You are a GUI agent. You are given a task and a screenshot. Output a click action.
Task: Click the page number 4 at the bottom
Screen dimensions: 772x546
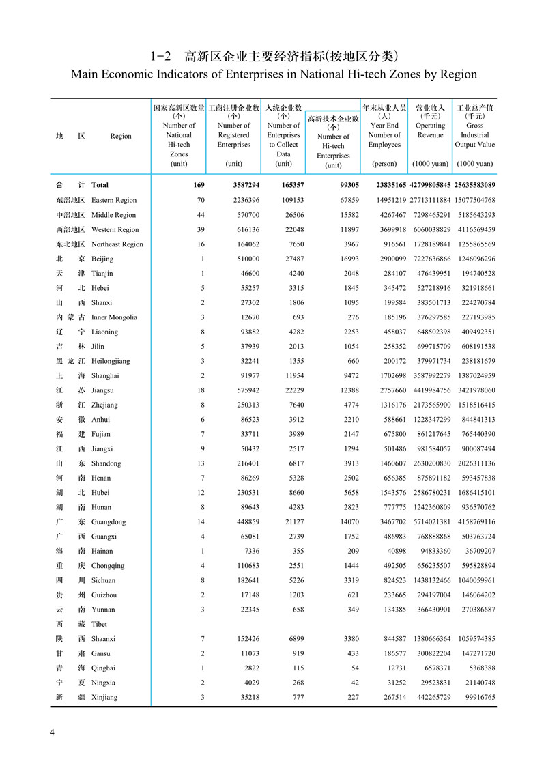pos(52,732)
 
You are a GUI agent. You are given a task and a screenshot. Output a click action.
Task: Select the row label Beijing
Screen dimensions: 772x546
pos(102,259)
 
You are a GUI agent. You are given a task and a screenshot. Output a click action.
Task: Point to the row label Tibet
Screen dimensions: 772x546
pos(99,624)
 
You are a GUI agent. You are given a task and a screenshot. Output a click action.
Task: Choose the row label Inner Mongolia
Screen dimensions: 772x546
pos(114,317)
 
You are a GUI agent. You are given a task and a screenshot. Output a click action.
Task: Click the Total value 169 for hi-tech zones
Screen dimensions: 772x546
pos(199,185)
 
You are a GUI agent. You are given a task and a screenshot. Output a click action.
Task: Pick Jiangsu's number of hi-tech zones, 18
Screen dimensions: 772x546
pos(201,390)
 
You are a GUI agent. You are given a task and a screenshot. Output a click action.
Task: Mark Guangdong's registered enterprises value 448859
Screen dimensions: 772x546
pos(245,522)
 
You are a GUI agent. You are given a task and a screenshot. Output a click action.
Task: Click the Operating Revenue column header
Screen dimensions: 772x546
pos(430,130)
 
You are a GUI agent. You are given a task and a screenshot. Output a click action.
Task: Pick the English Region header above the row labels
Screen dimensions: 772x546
pos(121,137)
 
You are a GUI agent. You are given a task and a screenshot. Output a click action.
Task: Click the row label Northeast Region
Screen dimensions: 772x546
pos(117,244)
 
